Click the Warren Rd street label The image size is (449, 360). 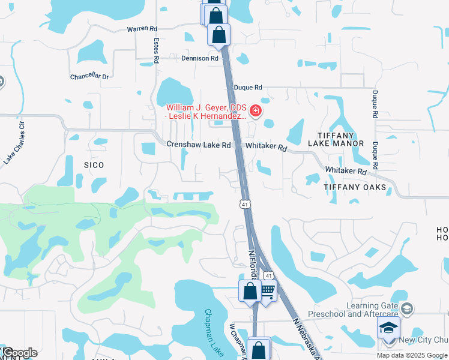(142, 28)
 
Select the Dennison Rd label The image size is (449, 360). (200, 59)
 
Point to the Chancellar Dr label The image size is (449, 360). (89, 77)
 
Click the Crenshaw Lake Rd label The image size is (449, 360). (198, 145)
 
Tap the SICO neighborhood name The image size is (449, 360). (94, 165)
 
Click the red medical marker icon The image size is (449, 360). (255, 110)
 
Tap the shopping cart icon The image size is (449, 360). (267, 291)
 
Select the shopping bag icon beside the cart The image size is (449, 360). (250, 292)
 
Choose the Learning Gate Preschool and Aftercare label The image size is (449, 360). (353, 310)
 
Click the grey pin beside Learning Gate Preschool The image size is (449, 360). (407, 309)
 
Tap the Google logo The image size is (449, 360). (19, 352)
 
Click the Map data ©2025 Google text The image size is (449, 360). (412, 355)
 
